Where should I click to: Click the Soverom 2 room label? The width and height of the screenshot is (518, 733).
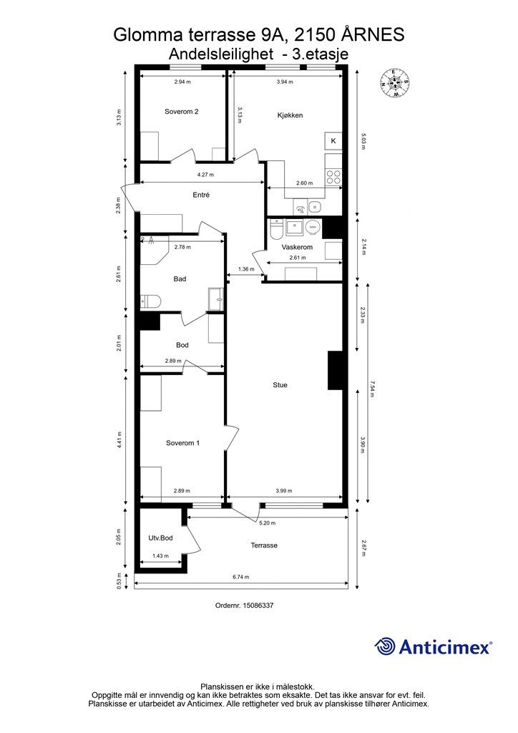182,111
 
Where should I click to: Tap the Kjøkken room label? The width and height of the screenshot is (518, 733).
290,115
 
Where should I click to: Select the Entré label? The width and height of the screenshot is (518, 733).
201,195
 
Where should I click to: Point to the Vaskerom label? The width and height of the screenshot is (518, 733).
297,247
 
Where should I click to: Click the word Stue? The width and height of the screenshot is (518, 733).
280,384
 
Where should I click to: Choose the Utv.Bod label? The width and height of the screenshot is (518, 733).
161,538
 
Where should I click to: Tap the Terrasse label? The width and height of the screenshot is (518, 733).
264,545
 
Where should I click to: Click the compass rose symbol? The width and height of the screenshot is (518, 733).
396,83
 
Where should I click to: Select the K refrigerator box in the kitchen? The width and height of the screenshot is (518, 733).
333,141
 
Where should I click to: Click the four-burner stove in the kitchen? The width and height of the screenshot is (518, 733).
333,177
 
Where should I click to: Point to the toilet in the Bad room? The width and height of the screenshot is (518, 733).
150,301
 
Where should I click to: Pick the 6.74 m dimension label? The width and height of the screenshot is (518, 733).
241,577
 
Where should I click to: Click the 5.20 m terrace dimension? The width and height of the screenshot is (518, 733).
268,523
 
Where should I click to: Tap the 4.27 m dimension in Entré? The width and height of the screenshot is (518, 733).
205,175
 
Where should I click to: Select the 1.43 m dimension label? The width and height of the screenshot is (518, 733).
160,555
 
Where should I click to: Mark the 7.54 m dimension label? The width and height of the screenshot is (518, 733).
372,389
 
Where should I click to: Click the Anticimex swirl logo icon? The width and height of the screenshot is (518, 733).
386,646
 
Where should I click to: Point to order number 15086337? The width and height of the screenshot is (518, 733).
244,605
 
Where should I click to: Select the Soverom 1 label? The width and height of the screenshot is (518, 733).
182,442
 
